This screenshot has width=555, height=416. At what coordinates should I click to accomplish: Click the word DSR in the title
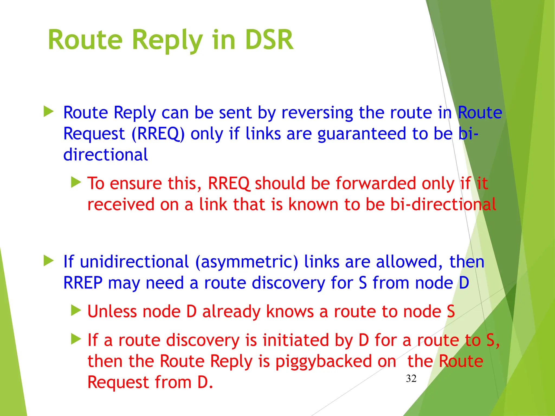pyautogui.click(x=269, y=40)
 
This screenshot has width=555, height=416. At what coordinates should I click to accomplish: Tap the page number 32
pyautogui.click(x=411, y=378)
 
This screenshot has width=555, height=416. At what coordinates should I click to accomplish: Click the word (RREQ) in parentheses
pyautogui.click(x=158, y=134)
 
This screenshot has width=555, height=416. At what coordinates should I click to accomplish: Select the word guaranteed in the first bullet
pyautogui.click(x=362, y=134)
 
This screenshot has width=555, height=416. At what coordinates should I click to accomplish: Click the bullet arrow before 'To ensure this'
pyautogui.click(x=76, y=182)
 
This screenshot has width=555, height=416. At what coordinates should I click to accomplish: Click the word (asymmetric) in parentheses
pyautogui.click(x=247, y=262)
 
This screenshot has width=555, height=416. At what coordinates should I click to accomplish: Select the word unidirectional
pyautogui.click(x=134, y=262)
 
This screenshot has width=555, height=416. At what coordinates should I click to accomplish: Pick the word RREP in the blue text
pyautogui.click(x=83, y=283)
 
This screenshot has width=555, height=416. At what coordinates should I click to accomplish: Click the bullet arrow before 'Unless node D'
pyautogui.click(x=76, y=310)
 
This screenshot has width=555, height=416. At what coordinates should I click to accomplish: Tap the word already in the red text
pyautogui.click(x=231, y=311)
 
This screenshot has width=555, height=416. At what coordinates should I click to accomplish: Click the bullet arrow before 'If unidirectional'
pyautogui.click(x=49, y=261)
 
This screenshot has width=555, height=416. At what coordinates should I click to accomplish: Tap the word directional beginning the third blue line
pyautogui.click(x=105, y=155)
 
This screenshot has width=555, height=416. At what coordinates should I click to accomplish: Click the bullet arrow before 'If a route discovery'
pyautogui.click(x=76, y=339)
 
